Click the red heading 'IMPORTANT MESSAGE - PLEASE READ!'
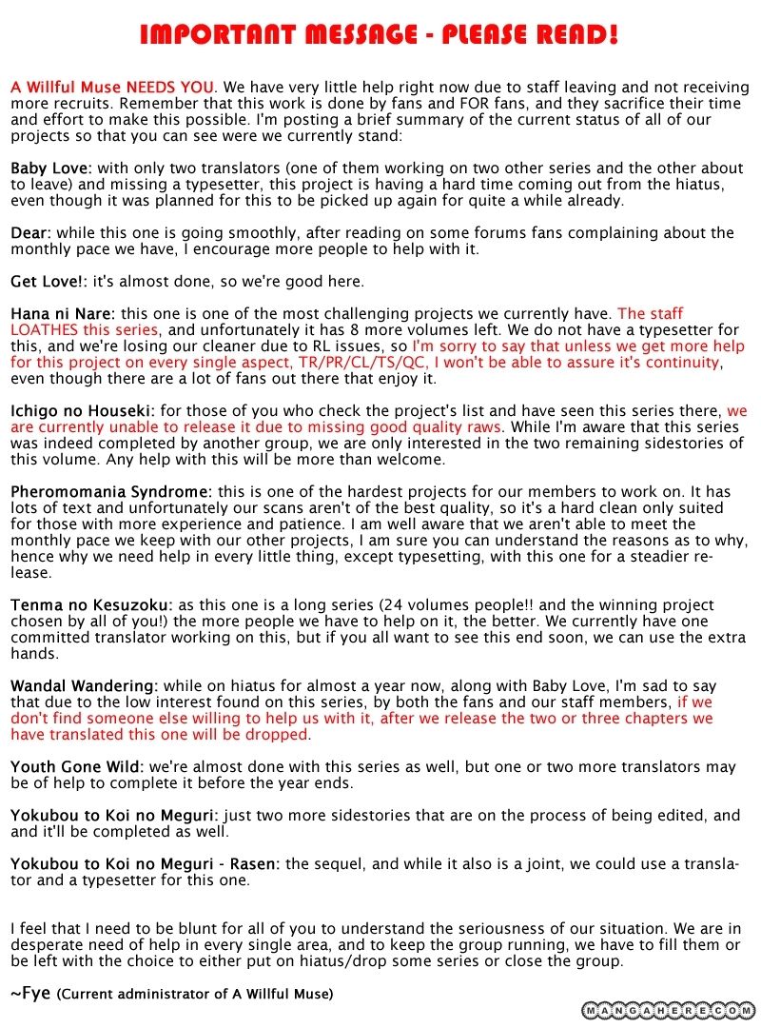[380, 35]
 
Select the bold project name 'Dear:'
[30, 233]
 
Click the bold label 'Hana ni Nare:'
[63, 313]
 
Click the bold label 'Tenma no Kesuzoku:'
[91, 605]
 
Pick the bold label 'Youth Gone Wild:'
[77, 766]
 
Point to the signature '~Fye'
[31, 994]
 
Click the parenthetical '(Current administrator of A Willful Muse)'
[195, 995]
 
